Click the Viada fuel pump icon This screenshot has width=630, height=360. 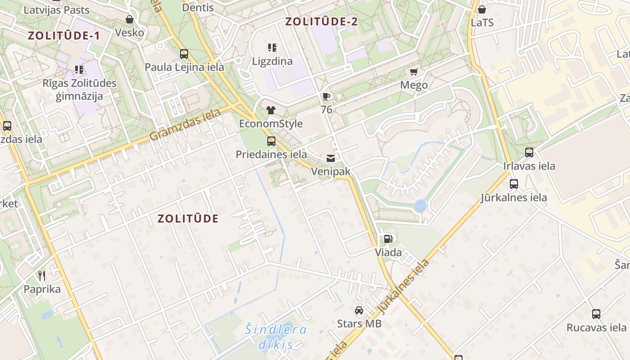click(388, 239)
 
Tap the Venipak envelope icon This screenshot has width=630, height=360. click(331, 158)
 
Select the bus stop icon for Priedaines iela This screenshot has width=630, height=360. click(271, 141)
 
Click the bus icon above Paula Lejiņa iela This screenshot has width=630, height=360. click(184, 54)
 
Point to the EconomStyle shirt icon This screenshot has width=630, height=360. click(270, 110)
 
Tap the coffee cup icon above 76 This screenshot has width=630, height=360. click(326, 96)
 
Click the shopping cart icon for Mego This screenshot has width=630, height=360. click(414, 72)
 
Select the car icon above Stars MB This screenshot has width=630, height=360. click(359, 310)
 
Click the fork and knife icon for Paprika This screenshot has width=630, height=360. click(42, 275)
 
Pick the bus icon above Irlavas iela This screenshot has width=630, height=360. click(529, 153)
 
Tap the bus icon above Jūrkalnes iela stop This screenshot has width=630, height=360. click(513, 184)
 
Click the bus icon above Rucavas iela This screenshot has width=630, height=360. click(596, 314)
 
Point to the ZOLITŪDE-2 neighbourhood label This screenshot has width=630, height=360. click(322, 21)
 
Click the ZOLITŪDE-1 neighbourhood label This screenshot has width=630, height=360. click(63, 36)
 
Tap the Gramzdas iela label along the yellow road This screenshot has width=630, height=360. click(185, 124)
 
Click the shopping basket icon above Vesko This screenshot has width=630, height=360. click(130, 19)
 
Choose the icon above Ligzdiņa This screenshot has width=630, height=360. click(272, 47)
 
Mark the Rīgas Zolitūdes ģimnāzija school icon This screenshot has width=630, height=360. click(79, 70)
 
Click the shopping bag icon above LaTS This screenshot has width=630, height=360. click(482, 9)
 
